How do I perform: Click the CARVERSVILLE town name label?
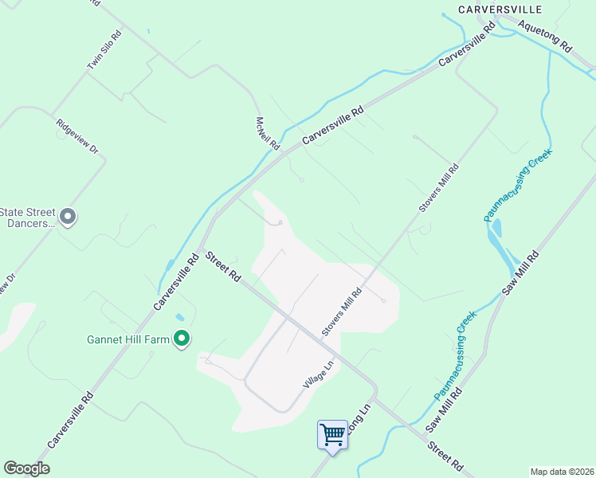[x=500, y=9]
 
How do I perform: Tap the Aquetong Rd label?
[x=544, y=36]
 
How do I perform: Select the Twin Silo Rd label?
[x=104, y=50]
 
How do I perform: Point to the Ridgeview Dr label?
[x=76, y=137]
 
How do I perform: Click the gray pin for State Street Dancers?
[x=68, y=217]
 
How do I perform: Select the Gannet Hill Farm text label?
[x=128, y=339]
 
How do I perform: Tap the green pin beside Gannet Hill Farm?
[x=182, y=339]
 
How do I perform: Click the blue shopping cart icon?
[x=332, y=434]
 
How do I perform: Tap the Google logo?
[x=26, y=468]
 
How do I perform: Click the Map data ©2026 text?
[x=562, y=472]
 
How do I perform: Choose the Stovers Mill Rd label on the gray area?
[x=342, y=312]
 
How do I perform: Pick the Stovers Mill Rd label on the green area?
[x=440, y=188]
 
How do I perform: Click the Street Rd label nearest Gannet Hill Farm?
[x=223, y=267]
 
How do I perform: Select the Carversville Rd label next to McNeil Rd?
[x=332, y=127]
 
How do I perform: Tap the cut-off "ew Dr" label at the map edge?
[x=6, y=287]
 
